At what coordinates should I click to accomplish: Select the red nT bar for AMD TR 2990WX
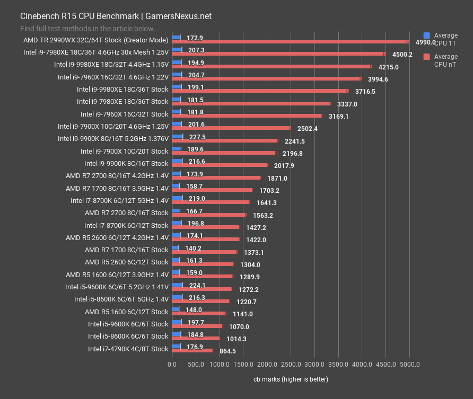pyautogui.click(x=290, y=41)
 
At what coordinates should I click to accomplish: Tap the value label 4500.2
pyautogui.click(x=403, y=55)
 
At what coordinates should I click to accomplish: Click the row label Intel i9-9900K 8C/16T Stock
pyautogui.click(x=126, y=164)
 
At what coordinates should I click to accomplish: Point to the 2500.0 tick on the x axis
pyautogui.click(x=291, y=365)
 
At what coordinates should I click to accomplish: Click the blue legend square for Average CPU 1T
pyautogui.click(x=427, y=36)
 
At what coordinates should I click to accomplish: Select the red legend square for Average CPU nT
pyautogui.click(x=427, y=57)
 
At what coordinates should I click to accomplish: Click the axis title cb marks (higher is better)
pyautogui.click(x=291, y=379)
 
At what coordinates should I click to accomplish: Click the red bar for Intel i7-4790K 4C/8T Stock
pyautogui.click(x=192, y=350)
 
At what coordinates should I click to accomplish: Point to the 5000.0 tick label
pyautogui.click(x=409, y=365)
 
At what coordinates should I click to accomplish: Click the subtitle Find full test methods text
pyautogui.click(x=88, y=29)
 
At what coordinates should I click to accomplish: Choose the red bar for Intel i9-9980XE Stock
pyautogui.click(x=260, y=91)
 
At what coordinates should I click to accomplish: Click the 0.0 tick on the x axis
pyautogui.click(x=172, y=365)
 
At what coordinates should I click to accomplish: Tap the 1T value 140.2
pyautogui.click(x=193, y=248)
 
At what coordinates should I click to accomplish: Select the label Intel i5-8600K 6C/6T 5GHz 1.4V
pyautogui.click(x=121, y=299)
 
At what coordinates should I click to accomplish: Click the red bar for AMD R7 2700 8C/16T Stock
pyautogui.click(x=209, y=215)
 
